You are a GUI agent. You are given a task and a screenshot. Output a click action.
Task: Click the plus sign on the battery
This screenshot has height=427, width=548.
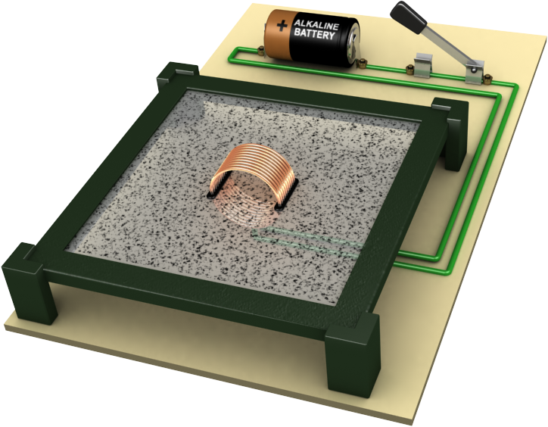pyautogui.click(x=282, y=25)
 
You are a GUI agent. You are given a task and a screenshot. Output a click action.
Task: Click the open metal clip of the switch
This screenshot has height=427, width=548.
pyautogui.click(x=424, y=65)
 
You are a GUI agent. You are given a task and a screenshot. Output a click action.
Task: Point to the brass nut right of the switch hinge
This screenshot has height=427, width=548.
pyautogui.click(x=490, y=77)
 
